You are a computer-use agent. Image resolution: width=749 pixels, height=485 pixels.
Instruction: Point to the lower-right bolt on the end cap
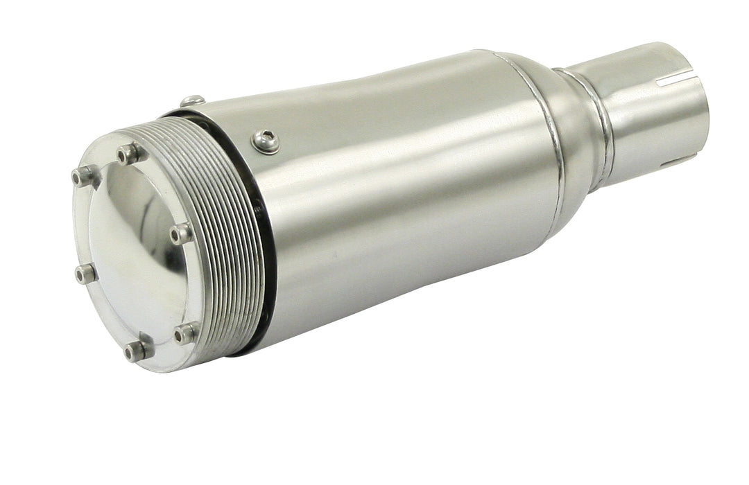tap(185, 334)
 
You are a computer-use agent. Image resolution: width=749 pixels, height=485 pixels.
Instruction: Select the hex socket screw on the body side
tap(266, 141)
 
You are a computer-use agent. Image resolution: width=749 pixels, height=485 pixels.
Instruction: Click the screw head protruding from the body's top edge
tap(193, 101)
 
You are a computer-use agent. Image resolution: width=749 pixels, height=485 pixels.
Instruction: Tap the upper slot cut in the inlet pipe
tap(673, 80)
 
